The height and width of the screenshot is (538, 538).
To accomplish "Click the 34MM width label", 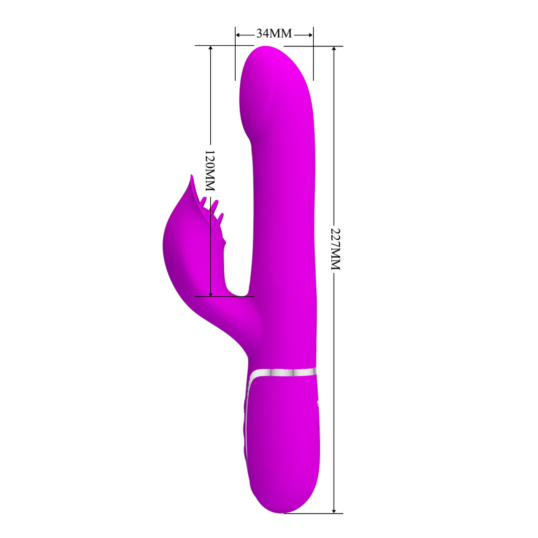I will coord(274,34).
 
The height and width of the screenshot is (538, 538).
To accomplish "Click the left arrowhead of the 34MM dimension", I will coord(238,35).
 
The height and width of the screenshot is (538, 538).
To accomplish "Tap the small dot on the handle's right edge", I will coord(318,403).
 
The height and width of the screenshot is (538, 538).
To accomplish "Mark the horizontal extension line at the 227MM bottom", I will coord(314,513).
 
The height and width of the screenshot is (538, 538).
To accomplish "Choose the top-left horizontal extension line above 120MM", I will coord(214,45).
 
